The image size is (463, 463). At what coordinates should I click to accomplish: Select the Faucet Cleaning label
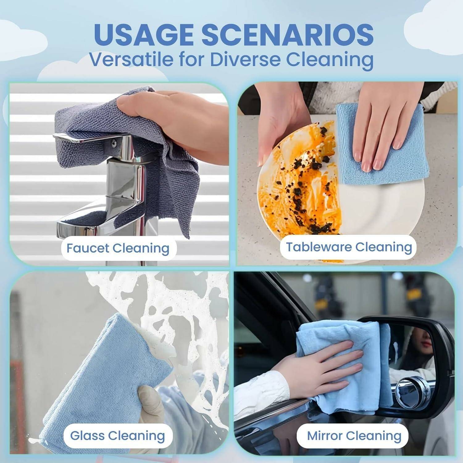pyautogui.click(x=118, y=248)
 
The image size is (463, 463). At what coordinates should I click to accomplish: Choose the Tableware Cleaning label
pyautogui.click(x=349, y=247)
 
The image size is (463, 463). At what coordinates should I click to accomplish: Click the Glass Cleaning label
pyautogui.click(x=117, y=436)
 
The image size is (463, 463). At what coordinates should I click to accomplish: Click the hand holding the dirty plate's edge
pyautogui.click(x=278, y=123)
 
